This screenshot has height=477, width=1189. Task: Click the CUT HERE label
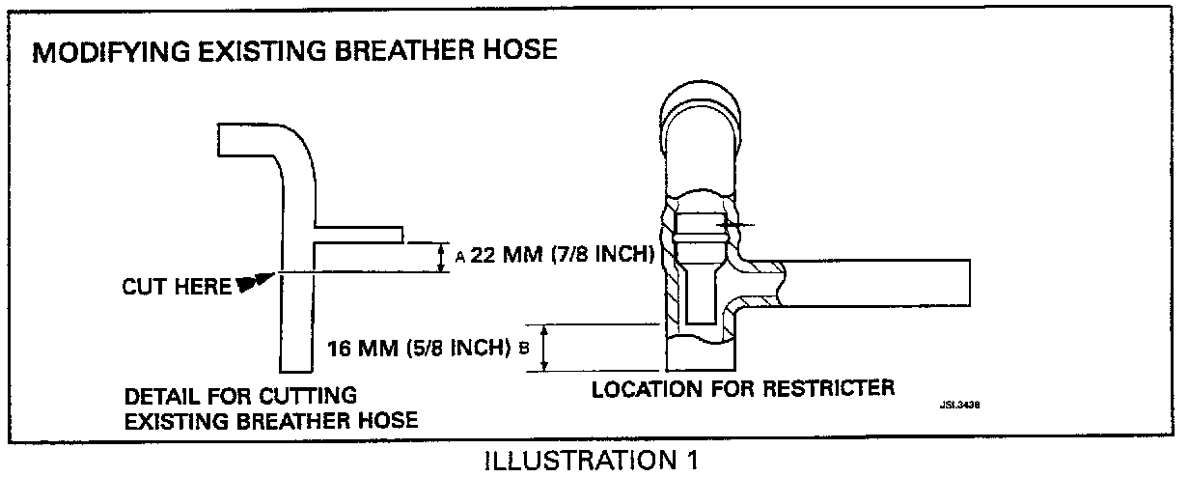click(x=177, y=286)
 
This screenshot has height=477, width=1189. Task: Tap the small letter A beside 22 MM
click(x=460, y=257)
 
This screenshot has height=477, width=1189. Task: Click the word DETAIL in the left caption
click(x=157, y=396)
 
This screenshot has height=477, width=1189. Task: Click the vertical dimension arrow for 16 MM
click(x=546, y=348)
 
